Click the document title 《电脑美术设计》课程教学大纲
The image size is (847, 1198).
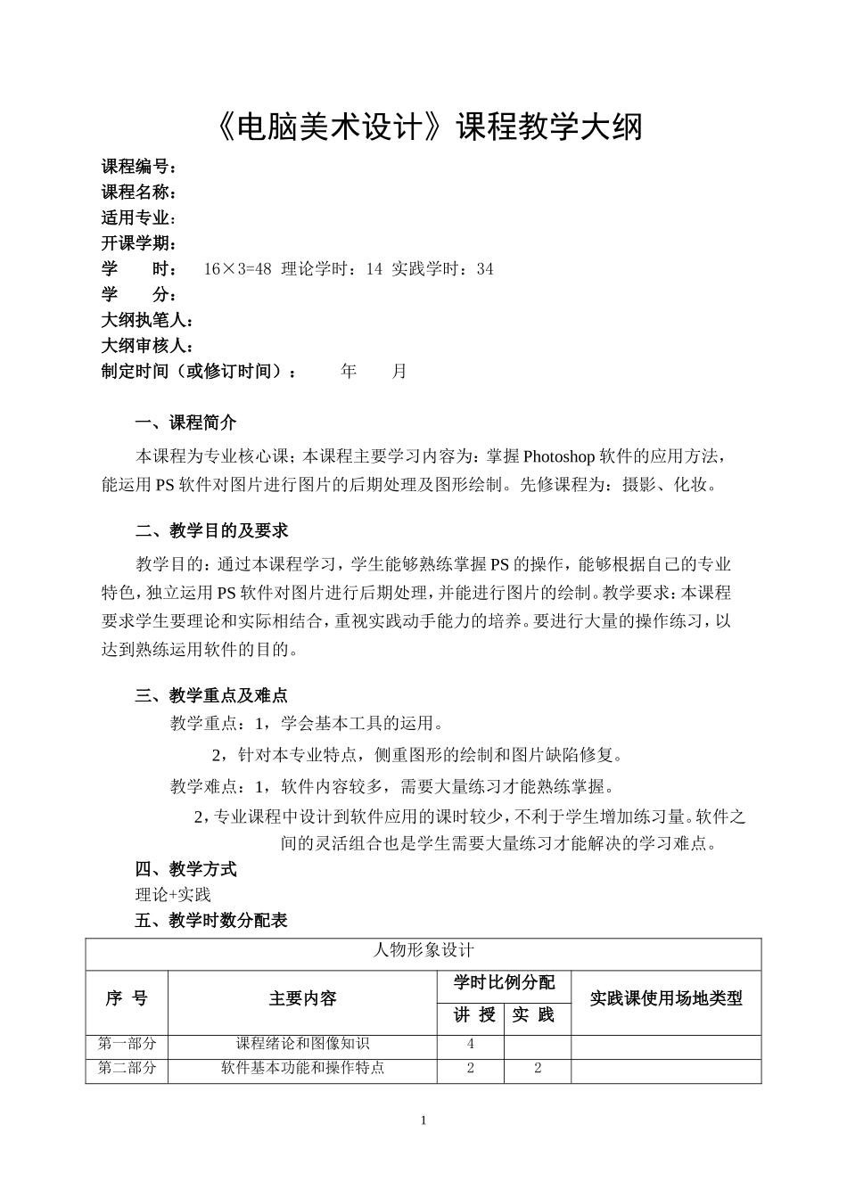point(428,127)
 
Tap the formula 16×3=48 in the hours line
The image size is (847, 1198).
point(237,269)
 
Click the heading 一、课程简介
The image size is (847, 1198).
point(185,423)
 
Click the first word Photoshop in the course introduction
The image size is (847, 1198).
point(558,457)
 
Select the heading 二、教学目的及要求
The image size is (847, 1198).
point(211,531)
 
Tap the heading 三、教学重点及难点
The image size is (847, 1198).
point(211,696)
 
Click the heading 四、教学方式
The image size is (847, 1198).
point(185,869)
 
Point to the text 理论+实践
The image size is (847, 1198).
point(173,895)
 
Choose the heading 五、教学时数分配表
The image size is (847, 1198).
point(211,921)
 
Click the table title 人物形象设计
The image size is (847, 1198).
point(423,951)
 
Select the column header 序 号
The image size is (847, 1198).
point(127,999)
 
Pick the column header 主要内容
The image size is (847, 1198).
point(302,999)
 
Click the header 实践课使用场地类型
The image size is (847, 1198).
point(666,999)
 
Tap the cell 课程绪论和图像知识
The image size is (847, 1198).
point(302,1044)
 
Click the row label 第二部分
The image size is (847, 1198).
point(127,1068)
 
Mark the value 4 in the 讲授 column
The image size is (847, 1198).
point(471,1044)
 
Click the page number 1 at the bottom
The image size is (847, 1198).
point(423,1120)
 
